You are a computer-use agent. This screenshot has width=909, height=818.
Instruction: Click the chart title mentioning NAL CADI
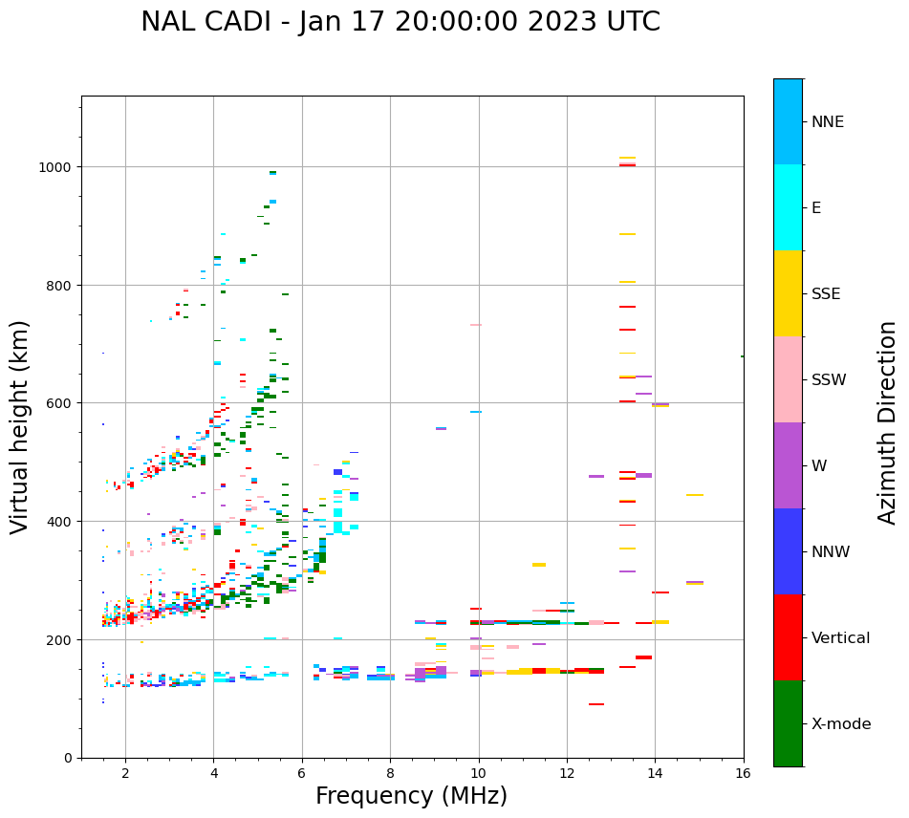[x=400, y=22]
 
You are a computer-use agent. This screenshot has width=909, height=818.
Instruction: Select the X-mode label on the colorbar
[x=841, y=724]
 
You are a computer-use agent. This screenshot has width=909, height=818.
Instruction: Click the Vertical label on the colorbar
[x=841, y=638]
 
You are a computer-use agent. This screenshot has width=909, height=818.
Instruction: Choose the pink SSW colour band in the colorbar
[x=788, y=379]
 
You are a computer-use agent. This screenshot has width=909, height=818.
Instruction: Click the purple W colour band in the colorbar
[x=788, y=465]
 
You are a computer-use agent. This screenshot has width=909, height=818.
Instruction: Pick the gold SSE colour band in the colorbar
[x=788, y=293]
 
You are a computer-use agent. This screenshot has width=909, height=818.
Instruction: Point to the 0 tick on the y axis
[x=68, y=758]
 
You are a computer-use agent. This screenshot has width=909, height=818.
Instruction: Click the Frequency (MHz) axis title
[x=411, y=796]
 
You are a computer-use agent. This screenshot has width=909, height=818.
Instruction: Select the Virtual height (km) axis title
[x=20, y=426]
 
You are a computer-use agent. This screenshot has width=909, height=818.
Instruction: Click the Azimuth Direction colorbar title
[x=888, y=422]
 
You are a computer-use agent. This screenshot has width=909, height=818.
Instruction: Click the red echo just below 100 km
[x=595, y=704]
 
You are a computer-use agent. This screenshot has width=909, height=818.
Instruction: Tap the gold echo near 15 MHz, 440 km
[x=695, y=495]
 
